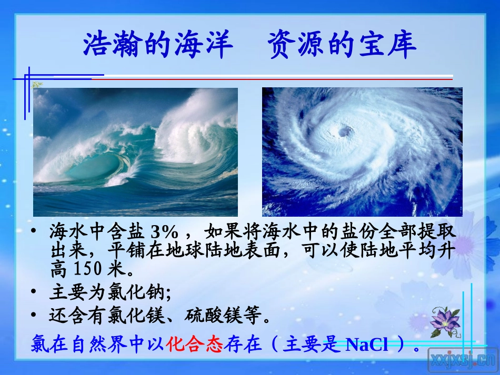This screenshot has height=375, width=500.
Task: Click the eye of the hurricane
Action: (345, 130)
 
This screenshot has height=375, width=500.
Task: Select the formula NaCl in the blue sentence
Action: (367, 345)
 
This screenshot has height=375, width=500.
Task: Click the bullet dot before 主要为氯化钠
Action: (35, 292)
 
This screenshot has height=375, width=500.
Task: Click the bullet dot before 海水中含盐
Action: (35, 231)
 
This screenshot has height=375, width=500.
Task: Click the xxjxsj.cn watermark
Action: (463, 360)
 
